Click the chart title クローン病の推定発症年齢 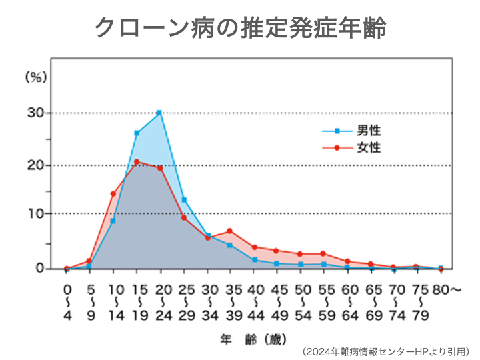pos(240,29)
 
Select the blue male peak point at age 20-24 pos(159,113)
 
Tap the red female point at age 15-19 pos(136,162)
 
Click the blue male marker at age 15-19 pos(136,133)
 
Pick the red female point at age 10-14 pos(113,194)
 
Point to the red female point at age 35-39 pos(229,231)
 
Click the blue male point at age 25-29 pos(183,200)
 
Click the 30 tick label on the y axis pos(36,113)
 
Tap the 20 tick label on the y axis pos(36,165)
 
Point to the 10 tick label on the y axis pos(36,214)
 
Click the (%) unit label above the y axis pos(36,77)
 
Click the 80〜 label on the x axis pos(445,289)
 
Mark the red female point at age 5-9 pos(89,261)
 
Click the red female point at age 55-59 pos(323,253)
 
